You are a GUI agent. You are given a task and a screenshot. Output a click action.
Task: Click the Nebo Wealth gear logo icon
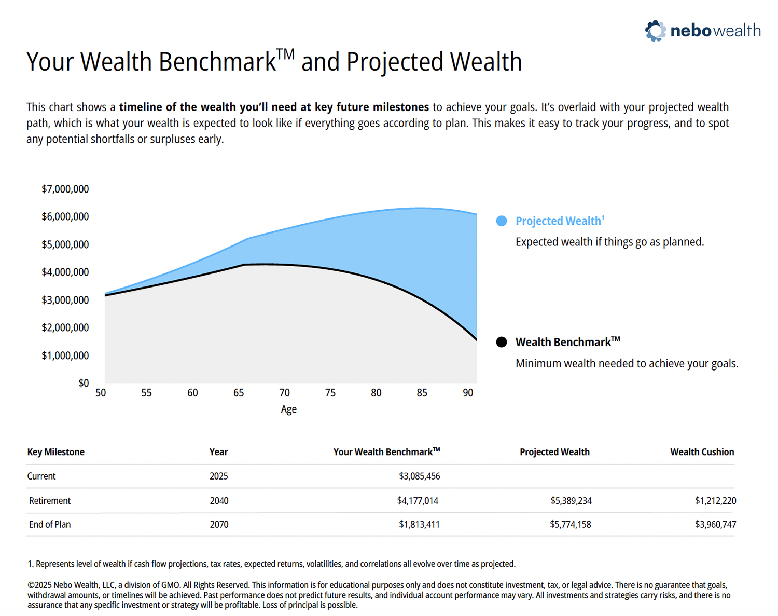coord(655,31)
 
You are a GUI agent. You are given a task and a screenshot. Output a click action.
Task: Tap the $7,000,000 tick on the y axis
coord(65,189)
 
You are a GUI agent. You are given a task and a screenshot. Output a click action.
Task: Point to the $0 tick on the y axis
coord(84,383)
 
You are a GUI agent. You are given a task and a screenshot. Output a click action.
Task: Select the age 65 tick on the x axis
coord(239,393)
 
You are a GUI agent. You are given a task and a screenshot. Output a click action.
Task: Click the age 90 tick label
coord(468,393)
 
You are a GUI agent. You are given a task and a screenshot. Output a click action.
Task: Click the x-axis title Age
coord(288,409)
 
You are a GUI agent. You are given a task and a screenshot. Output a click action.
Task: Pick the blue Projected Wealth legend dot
coord(502,221)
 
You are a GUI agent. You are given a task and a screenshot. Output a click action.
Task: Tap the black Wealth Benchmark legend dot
coord(502,342)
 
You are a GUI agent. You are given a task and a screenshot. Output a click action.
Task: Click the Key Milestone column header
coord(55,452)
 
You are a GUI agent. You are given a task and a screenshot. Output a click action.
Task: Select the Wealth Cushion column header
coord(702,452)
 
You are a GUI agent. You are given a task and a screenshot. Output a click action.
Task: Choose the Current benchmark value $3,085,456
coord(419,476)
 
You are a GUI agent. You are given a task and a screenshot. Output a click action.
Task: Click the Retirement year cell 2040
coord(219,501)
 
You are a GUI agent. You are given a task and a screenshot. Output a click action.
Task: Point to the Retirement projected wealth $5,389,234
coord(571,501)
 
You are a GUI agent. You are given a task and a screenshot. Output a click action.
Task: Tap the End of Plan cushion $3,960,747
coord(715,525)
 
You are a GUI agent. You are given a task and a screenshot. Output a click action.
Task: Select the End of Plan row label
coord(50,525)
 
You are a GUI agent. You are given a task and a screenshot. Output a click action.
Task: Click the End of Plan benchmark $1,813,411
coord(419,525)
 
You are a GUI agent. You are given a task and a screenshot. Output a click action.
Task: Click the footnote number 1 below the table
coord(30,564)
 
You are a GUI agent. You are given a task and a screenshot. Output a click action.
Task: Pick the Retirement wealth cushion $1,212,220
coord(715,501)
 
